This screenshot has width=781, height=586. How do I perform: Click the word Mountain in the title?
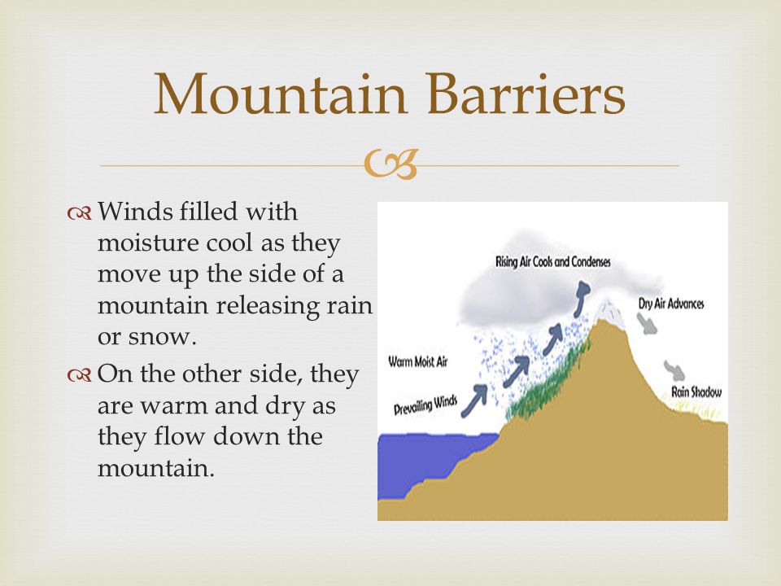[x=281, y=94]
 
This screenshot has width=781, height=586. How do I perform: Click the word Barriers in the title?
[x=526, y=94]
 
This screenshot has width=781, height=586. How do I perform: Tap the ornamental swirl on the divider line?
[x=390, y=164]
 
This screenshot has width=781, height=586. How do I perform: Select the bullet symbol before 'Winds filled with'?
[x=79, y=214]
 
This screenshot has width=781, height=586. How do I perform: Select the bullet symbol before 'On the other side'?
[x=79, y=376]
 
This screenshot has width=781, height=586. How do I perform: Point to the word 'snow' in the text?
[x=159, y=337]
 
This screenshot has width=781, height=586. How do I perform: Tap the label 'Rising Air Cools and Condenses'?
[x=553, y=261]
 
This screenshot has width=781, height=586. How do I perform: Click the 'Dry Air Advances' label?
[x=671, y=304]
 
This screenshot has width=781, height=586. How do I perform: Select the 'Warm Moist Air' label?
[x=418, y=361]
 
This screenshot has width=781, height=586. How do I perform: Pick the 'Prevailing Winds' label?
[x=425, y=405]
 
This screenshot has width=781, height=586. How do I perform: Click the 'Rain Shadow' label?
[x=696, y=392]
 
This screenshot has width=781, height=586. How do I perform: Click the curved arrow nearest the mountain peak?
[x=580, y=298]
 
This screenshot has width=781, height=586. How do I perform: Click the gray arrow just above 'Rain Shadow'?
[x=674, y=371]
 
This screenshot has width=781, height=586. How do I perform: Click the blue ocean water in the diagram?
[x=429, y=461]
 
